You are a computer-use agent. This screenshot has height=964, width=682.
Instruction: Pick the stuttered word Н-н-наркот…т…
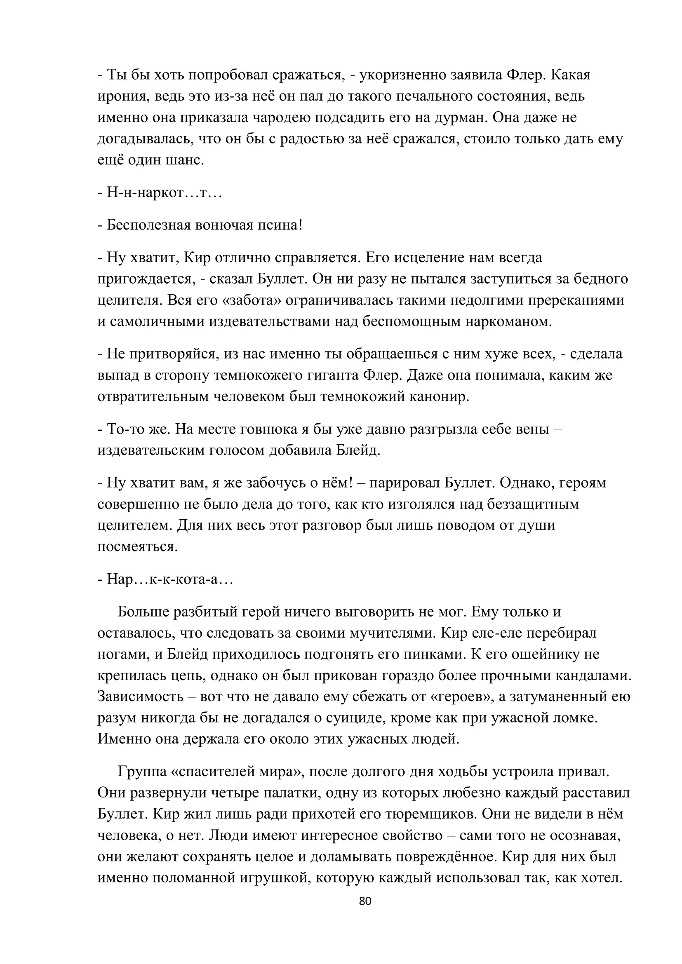164,193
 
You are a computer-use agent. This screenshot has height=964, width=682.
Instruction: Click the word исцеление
414,257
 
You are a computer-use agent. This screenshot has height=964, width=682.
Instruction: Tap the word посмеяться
137,547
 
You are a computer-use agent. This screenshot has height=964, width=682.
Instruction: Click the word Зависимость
141,697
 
